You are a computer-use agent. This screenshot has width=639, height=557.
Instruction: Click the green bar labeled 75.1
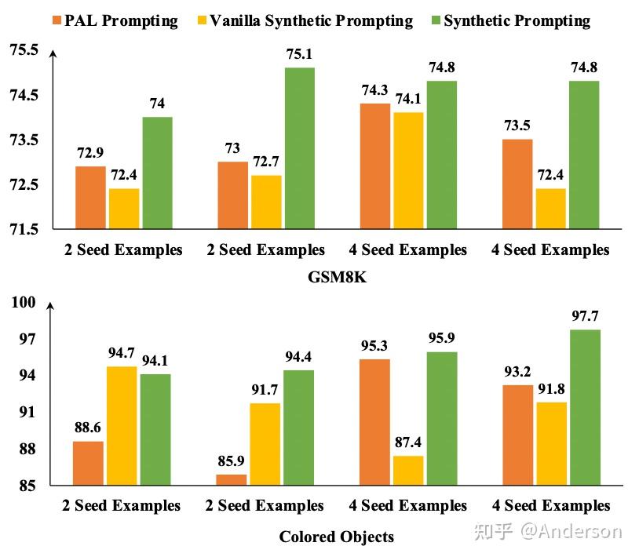[300, 148]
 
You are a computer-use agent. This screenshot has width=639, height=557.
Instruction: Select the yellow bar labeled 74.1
[408, 170]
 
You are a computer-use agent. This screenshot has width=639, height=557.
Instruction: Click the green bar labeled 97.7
[585, 406]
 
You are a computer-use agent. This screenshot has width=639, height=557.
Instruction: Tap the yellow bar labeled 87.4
[408, 470]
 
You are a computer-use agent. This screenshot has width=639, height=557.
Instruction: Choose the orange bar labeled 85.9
[232, 479]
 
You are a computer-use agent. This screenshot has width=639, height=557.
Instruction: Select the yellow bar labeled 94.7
[122, 425]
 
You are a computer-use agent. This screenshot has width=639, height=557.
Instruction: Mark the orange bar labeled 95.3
[374, 421]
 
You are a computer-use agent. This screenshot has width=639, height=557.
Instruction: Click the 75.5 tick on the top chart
[24, 50]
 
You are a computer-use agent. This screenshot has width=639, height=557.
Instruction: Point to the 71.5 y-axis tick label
[24, 229]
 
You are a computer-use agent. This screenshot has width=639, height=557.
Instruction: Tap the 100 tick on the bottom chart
[25, 303]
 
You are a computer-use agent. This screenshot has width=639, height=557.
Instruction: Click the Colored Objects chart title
[337, 537]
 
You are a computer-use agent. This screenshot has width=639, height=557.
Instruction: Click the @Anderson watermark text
[570, 531]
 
